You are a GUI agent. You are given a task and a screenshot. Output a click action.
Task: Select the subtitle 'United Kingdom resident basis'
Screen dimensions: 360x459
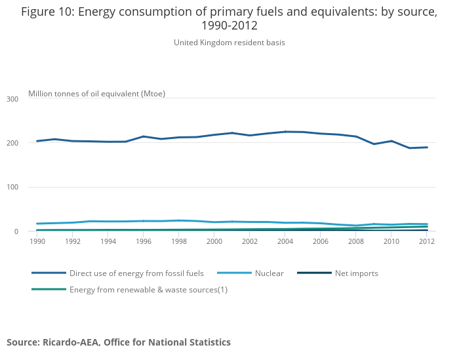(229, 43)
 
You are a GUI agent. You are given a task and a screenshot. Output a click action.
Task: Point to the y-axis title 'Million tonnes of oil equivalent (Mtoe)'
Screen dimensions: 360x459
(96, 94)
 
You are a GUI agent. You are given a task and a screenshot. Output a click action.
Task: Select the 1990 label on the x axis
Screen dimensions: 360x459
(37, 241)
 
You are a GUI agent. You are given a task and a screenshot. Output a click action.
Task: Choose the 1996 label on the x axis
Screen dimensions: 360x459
(144, 241)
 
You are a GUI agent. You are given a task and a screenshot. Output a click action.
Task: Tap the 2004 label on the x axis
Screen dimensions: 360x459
(285, 241)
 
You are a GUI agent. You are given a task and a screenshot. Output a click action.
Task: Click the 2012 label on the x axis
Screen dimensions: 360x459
(427, 241)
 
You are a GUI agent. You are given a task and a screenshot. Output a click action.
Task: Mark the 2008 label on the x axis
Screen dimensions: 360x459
(356, 241)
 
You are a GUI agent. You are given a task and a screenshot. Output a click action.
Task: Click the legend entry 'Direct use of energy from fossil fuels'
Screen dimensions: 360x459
(136, 273)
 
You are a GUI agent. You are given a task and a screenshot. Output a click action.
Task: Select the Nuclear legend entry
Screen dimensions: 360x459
(269, 273)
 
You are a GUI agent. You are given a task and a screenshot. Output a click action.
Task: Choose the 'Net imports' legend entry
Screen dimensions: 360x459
(356, 273)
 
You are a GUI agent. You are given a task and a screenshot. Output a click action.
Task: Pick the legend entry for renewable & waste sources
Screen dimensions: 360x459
(148, 290)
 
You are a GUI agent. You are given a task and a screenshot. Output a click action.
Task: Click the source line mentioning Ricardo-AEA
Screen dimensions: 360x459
(119, 342)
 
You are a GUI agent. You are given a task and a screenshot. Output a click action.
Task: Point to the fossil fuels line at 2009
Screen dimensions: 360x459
(374, 144)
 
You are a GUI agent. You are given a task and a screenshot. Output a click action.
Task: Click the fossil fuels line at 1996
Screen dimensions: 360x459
(144, 136)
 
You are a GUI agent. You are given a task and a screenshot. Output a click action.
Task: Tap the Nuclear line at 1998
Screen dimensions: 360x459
(179, 220)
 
